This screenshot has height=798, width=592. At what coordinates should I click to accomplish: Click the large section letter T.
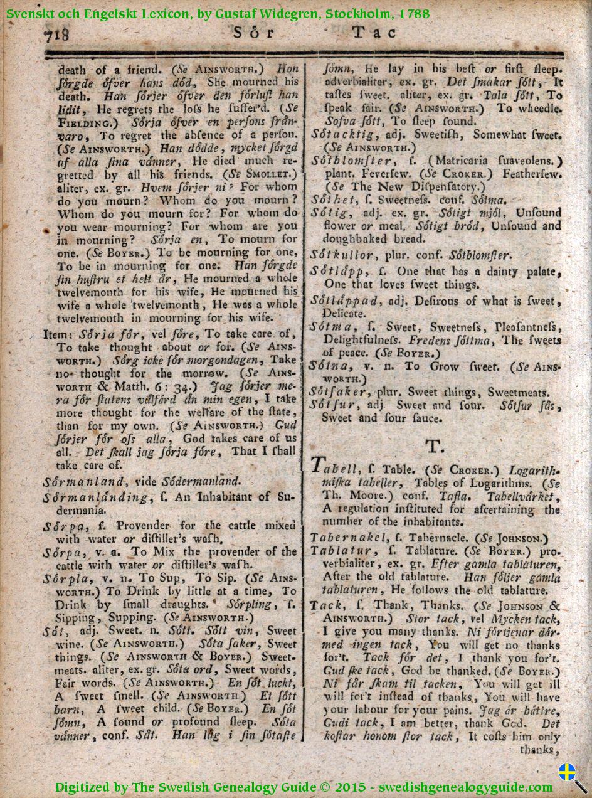tap(434, 446)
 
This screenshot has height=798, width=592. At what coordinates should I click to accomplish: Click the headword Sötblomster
tap(347, 160)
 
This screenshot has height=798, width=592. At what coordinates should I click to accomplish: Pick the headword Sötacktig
tap(342, 134)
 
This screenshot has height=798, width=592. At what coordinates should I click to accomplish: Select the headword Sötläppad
tap(345, 301)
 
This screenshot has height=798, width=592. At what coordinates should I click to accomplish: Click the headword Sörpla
tap(65, 578)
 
